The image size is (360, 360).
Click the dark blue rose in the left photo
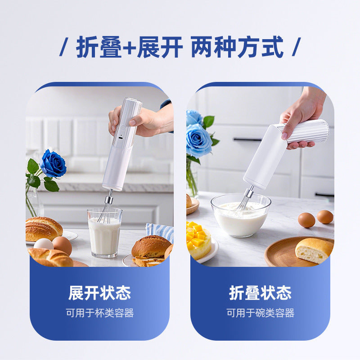click(53, 164)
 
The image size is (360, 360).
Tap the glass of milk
click(104, 233)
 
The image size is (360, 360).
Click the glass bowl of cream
click(241, 216)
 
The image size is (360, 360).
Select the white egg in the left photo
click(44, 244)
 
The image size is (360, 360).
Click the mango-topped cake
click(198, 240)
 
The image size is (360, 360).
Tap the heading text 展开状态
click(99, 293)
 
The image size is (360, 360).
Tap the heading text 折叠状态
click(260, 293)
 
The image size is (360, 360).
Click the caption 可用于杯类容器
click(99, 313)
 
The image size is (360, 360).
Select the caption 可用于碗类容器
click(260, 313)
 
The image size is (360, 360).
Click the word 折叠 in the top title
click(99, 47)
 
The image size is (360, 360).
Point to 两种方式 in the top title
click(237, 47)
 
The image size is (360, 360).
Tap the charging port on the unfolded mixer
click(121, 138)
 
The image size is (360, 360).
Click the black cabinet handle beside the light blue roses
click(247, 139)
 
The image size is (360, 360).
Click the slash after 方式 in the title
click(296, 47)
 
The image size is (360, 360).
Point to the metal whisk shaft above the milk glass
click(109, 198)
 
